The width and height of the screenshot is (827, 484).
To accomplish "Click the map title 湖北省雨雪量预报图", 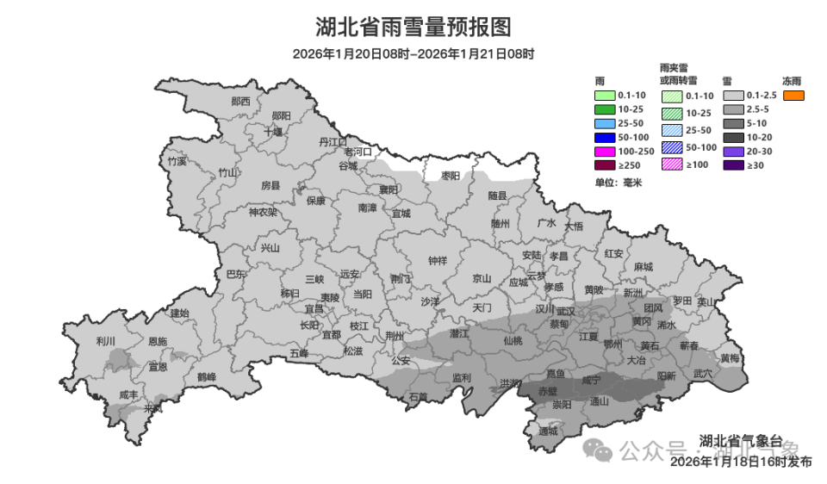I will pyautogui.click(x=413, y=28).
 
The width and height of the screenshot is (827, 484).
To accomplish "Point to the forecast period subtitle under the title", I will pyautogui.click(x=413, y=54).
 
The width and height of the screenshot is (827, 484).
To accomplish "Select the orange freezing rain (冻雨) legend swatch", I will pyautogui.click(x=793, y=96).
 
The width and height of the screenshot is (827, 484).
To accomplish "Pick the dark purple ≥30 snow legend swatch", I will pyautogui.click(x=733, y=164).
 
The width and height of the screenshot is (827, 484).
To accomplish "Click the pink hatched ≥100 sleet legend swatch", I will pyautogui.click(x=672, y=164).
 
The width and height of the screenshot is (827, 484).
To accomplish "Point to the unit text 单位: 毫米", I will pyautogui.click(x=619, y=183).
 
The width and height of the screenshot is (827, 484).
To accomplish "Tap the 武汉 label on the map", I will pyautogui.click(x=566, y=310).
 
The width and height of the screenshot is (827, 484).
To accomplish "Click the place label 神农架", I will pyautogui.click(x=263, y=212).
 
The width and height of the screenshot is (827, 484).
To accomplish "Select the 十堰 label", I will pyautogui.click(x=273, y=132).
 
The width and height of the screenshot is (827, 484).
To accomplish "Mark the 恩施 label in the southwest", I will pyautogui.click(x=157, y=342).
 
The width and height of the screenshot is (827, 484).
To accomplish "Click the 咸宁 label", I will pyautogui.click(x=591, y=379).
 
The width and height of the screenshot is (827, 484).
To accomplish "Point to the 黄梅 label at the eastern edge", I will pyautogui.click(x=730, y=357).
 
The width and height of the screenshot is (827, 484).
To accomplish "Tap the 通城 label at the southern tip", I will pyautogui.click(x=548, y=431).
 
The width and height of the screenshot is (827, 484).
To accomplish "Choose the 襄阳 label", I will pyautogui.click(x=389, y=189).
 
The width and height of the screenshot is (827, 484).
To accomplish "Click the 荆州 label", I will pyautogui.click(x=395, y=336).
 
